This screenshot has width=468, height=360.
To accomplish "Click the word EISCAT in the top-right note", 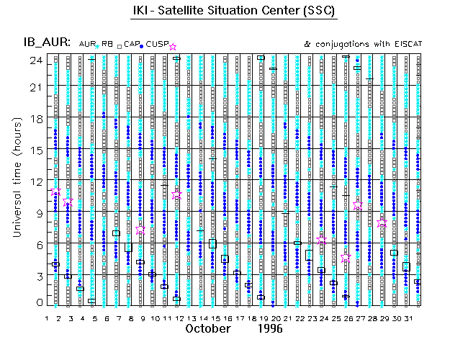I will tap(404, 45).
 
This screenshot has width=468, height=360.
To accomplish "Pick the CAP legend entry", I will tap(131, 45).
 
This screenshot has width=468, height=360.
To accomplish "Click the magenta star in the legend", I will tap(172, 47).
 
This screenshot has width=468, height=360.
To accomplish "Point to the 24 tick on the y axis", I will tap(34, 60).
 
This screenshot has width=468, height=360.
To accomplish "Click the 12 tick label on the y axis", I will tap(34, 181).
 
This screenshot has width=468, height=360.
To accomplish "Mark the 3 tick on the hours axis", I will tap(37, 275).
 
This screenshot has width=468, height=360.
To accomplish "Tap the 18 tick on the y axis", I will tap(34, 118).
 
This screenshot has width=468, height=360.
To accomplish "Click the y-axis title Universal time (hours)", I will tap(17, 176).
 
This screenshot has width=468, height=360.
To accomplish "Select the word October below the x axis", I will tap(208, 328).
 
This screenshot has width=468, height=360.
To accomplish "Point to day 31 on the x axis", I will tap(406, 318).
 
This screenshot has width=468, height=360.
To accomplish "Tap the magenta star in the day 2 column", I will tap(56, 192).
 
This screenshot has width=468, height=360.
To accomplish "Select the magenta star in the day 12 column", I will tap(177, 195).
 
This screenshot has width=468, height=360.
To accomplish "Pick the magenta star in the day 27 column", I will tap(358, 206).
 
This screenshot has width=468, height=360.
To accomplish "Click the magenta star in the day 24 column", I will tap(322, 240).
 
